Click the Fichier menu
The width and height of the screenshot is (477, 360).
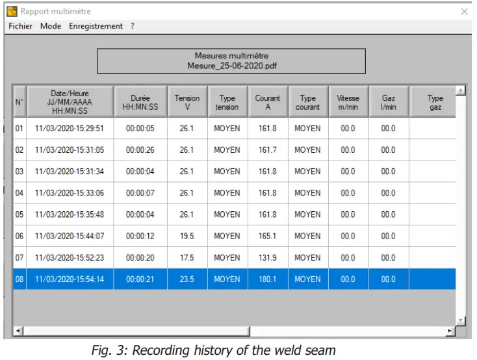20,26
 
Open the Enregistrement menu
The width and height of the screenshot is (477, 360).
96,26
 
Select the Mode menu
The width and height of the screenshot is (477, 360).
51,26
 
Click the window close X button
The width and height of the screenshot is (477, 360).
464,12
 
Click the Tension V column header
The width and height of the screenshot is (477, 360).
187,103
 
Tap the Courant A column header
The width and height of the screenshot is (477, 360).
268,103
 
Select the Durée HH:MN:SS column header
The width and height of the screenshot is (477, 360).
140,103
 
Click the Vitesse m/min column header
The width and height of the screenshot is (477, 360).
348,103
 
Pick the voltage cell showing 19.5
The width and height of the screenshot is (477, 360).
187,236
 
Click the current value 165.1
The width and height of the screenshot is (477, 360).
267,236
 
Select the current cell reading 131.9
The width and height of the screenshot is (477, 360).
267,257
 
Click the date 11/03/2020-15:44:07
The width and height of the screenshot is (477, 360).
70,236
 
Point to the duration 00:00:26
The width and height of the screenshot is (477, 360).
140,150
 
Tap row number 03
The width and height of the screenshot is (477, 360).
19,172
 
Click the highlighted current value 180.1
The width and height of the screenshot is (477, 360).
267,279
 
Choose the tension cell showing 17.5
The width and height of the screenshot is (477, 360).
187,257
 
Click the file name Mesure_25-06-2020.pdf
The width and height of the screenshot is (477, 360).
231,66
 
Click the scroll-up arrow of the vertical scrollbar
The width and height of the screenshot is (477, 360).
461,90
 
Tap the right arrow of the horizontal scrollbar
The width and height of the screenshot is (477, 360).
450,331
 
